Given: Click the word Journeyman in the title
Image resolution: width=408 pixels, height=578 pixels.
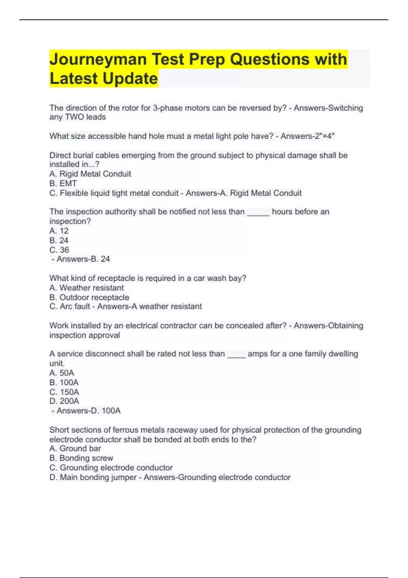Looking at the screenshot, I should coord(98,60).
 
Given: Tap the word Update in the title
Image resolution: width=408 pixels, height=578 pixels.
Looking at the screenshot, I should coord(130,79).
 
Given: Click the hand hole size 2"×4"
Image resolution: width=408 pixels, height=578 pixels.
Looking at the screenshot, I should coord(324,136).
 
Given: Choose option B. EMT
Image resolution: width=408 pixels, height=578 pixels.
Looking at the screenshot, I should coord(63,184).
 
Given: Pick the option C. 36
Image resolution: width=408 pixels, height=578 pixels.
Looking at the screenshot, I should coord(59,250).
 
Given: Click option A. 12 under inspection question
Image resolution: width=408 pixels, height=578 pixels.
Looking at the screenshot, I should coord(59,231).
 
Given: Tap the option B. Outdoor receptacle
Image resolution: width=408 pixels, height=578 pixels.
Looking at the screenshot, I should coord(89,297).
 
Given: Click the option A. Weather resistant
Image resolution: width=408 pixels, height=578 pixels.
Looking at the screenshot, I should coord(87,288).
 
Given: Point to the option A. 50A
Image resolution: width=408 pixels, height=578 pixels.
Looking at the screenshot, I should coord(62,373).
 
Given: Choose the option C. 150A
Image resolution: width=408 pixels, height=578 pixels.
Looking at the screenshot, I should coord(64,392).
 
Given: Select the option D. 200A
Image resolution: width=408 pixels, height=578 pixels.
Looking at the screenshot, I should coord(64,401).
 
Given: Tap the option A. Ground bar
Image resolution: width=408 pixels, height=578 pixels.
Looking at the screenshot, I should coord(75,448).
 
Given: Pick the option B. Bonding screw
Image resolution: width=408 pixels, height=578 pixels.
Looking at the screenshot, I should coord(81,458).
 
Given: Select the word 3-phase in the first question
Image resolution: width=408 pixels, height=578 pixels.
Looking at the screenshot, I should coord(167,108).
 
